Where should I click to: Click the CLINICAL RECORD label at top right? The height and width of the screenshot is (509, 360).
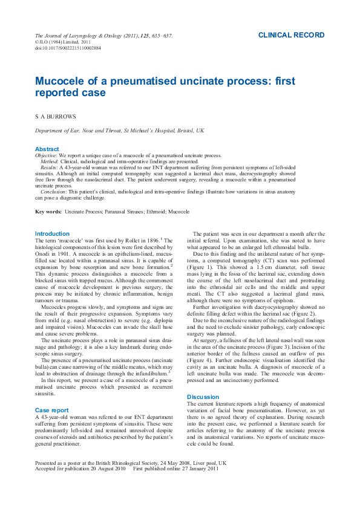291,36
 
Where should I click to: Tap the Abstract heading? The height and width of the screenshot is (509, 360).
47,149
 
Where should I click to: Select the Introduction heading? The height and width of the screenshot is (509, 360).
52,234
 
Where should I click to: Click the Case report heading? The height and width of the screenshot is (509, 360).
51,410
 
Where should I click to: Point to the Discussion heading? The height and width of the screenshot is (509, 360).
203,397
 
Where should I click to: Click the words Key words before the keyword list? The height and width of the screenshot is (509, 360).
48,212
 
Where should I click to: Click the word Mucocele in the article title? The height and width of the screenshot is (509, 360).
60,81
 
